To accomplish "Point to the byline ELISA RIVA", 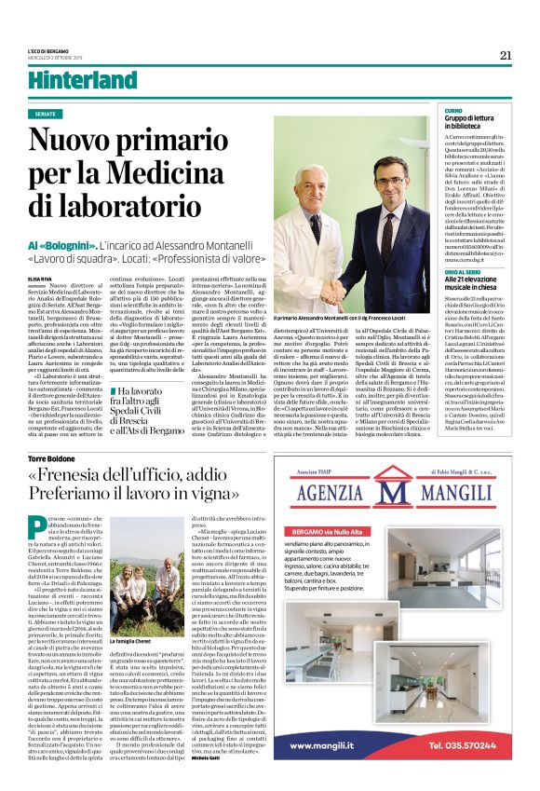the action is tap(41, 278).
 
